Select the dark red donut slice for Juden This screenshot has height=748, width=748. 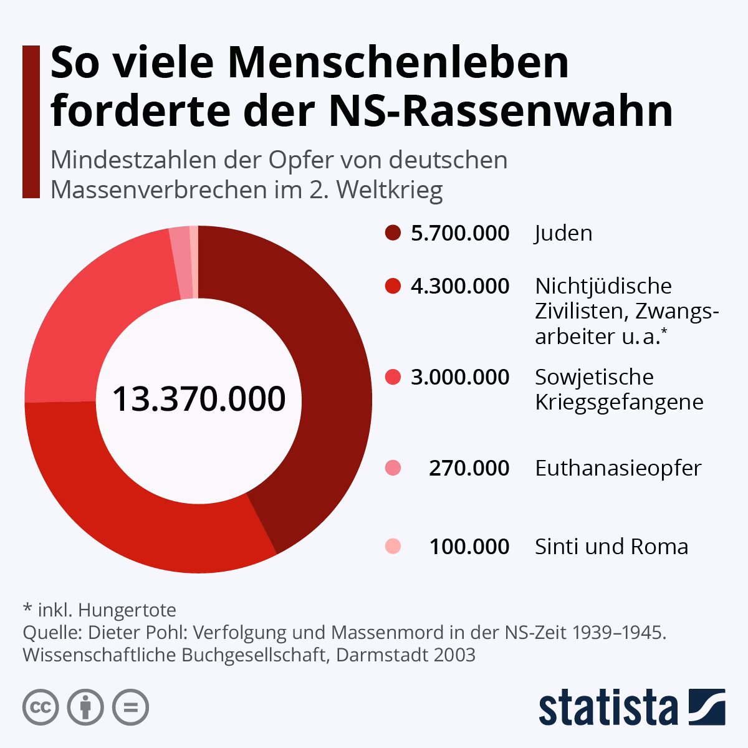point(324,374)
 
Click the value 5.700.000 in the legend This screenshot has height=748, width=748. point(459,233)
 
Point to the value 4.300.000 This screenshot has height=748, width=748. point(459,286)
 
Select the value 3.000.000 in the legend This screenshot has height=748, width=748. point(459,377)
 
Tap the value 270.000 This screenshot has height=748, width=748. point(469,468)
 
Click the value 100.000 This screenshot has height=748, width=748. point(469,547)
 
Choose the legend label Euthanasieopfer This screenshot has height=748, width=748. point(618,468)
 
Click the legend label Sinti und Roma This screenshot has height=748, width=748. point(611,547)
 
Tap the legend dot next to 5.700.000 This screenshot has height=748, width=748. point(393,233)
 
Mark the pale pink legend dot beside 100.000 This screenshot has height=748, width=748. point(393,547)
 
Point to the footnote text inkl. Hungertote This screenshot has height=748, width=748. point(107,610)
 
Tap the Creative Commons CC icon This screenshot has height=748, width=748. point(41,707)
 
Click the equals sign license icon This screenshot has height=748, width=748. point(131,707)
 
